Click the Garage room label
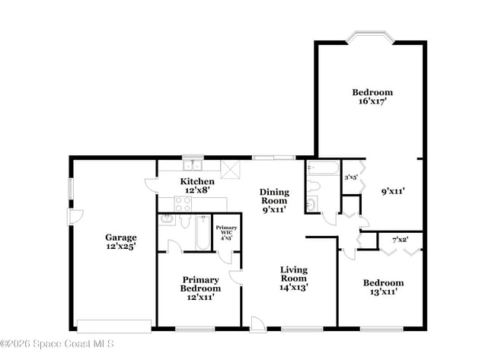(121, 242)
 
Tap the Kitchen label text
(196, 186)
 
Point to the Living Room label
(293, 279)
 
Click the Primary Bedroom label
(200, 288)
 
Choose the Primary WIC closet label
(225, 232)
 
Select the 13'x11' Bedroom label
(383, 288)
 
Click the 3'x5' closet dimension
(352, 178)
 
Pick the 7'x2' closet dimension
(401, 241)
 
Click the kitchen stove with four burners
(183, 203)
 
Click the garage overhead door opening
(114, 326)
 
